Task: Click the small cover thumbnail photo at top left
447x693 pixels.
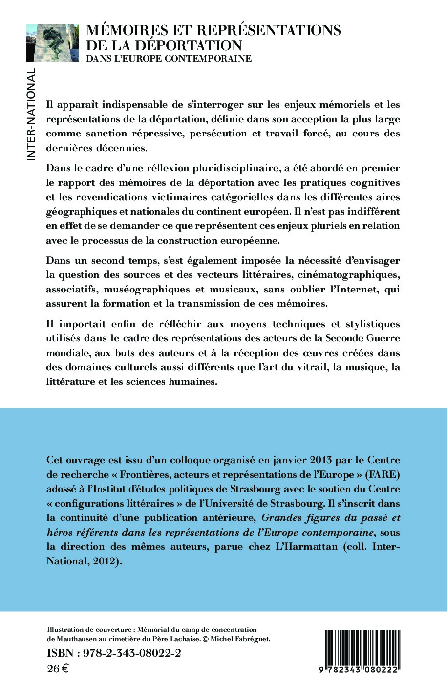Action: (53, 43)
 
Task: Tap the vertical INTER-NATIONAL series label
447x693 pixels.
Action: (31, 115)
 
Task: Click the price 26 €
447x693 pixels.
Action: (58, 669)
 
